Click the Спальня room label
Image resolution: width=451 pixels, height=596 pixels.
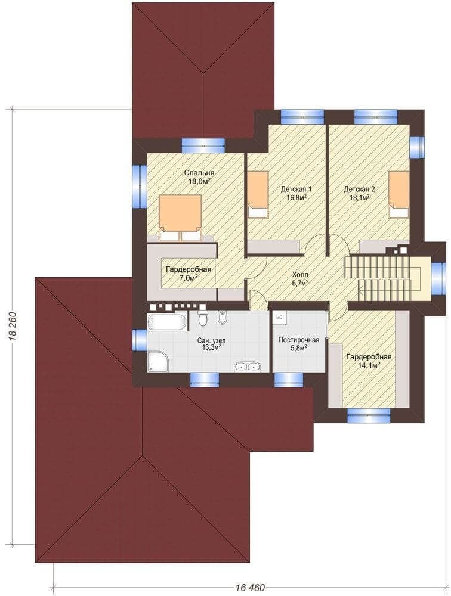(199, 173)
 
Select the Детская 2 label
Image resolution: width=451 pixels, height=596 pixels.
(359, 189)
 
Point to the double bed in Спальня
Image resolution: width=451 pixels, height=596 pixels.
(181, 218)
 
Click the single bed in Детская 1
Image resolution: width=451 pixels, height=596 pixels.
(258, 194)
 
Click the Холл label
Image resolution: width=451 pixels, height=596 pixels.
(300, 274)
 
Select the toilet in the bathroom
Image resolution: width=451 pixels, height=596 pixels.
(203, 317)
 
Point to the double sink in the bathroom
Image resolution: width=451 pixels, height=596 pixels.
(246, 367)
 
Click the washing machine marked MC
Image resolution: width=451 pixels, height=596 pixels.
(280, 317)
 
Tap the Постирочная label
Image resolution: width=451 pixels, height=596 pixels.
(298, 340)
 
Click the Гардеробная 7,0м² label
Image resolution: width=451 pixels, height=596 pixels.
(188, 274)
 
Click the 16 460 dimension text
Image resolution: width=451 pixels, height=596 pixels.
(250, 588)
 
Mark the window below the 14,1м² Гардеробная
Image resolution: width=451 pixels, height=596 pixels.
(369, 415)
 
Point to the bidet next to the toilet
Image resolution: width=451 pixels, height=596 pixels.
(222, 318)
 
